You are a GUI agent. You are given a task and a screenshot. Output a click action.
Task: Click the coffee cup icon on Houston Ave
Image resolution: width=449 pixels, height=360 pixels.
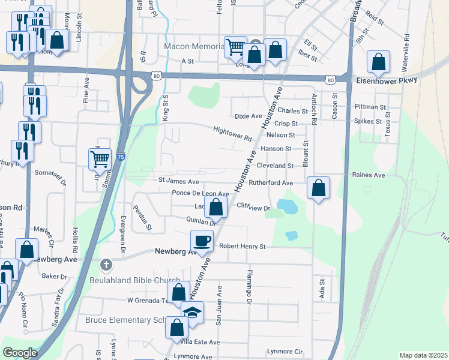pyautogui.click(x=202, y=241)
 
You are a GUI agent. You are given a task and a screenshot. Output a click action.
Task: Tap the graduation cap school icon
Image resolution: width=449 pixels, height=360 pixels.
pyautogui.click(x=192, y=313)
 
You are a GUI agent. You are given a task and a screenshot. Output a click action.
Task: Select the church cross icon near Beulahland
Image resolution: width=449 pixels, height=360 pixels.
pyautogui.click(x=106, y=265)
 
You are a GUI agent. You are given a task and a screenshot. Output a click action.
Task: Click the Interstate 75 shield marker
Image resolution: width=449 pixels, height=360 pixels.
pyautogui.click(x=121, y=157)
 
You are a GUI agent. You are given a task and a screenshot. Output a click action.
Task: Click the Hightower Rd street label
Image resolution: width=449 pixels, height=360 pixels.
pyautogui.click(x=232, y=133)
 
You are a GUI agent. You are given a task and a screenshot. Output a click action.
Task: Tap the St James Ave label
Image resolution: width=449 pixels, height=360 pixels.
pyautogui.click(x=178, y=181)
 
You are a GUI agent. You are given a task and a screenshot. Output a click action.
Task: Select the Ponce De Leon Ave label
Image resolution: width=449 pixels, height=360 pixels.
pyautogui.click(x=200, y=194)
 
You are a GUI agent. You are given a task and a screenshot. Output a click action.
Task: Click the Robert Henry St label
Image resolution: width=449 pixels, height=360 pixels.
pyautogui.click(x=242, y=246)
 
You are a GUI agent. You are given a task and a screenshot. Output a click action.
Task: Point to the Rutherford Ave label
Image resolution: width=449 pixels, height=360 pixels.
pyautogui.click(x=271, y=183)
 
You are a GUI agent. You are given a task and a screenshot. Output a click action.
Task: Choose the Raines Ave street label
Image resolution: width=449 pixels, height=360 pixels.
pyautogui.click(x=369, y=175)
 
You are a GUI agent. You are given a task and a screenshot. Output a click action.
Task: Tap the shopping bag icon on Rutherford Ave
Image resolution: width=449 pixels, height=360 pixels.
pyautogui.click(x=318, y=188)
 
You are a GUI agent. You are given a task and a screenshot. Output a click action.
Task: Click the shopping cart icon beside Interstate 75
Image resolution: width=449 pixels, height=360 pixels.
pyautogui.click(x=100, y=159)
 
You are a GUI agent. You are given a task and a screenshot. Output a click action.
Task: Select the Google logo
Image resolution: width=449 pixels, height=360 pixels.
pyautogui.click(x=20, y=353)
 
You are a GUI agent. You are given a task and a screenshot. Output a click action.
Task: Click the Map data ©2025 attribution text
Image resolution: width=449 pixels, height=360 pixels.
pyautogui.click(x=423, y=355)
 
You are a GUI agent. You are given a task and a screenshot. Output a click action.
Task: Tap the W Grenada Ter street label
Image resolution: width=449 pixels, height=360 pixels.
pyautogui.click(x=150, y=300)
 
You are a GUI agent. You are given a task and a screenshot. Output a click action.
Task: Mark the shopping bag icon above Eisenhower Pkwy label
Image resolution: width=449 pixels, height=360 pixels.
pyautogui.click(x=379, y=61)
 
